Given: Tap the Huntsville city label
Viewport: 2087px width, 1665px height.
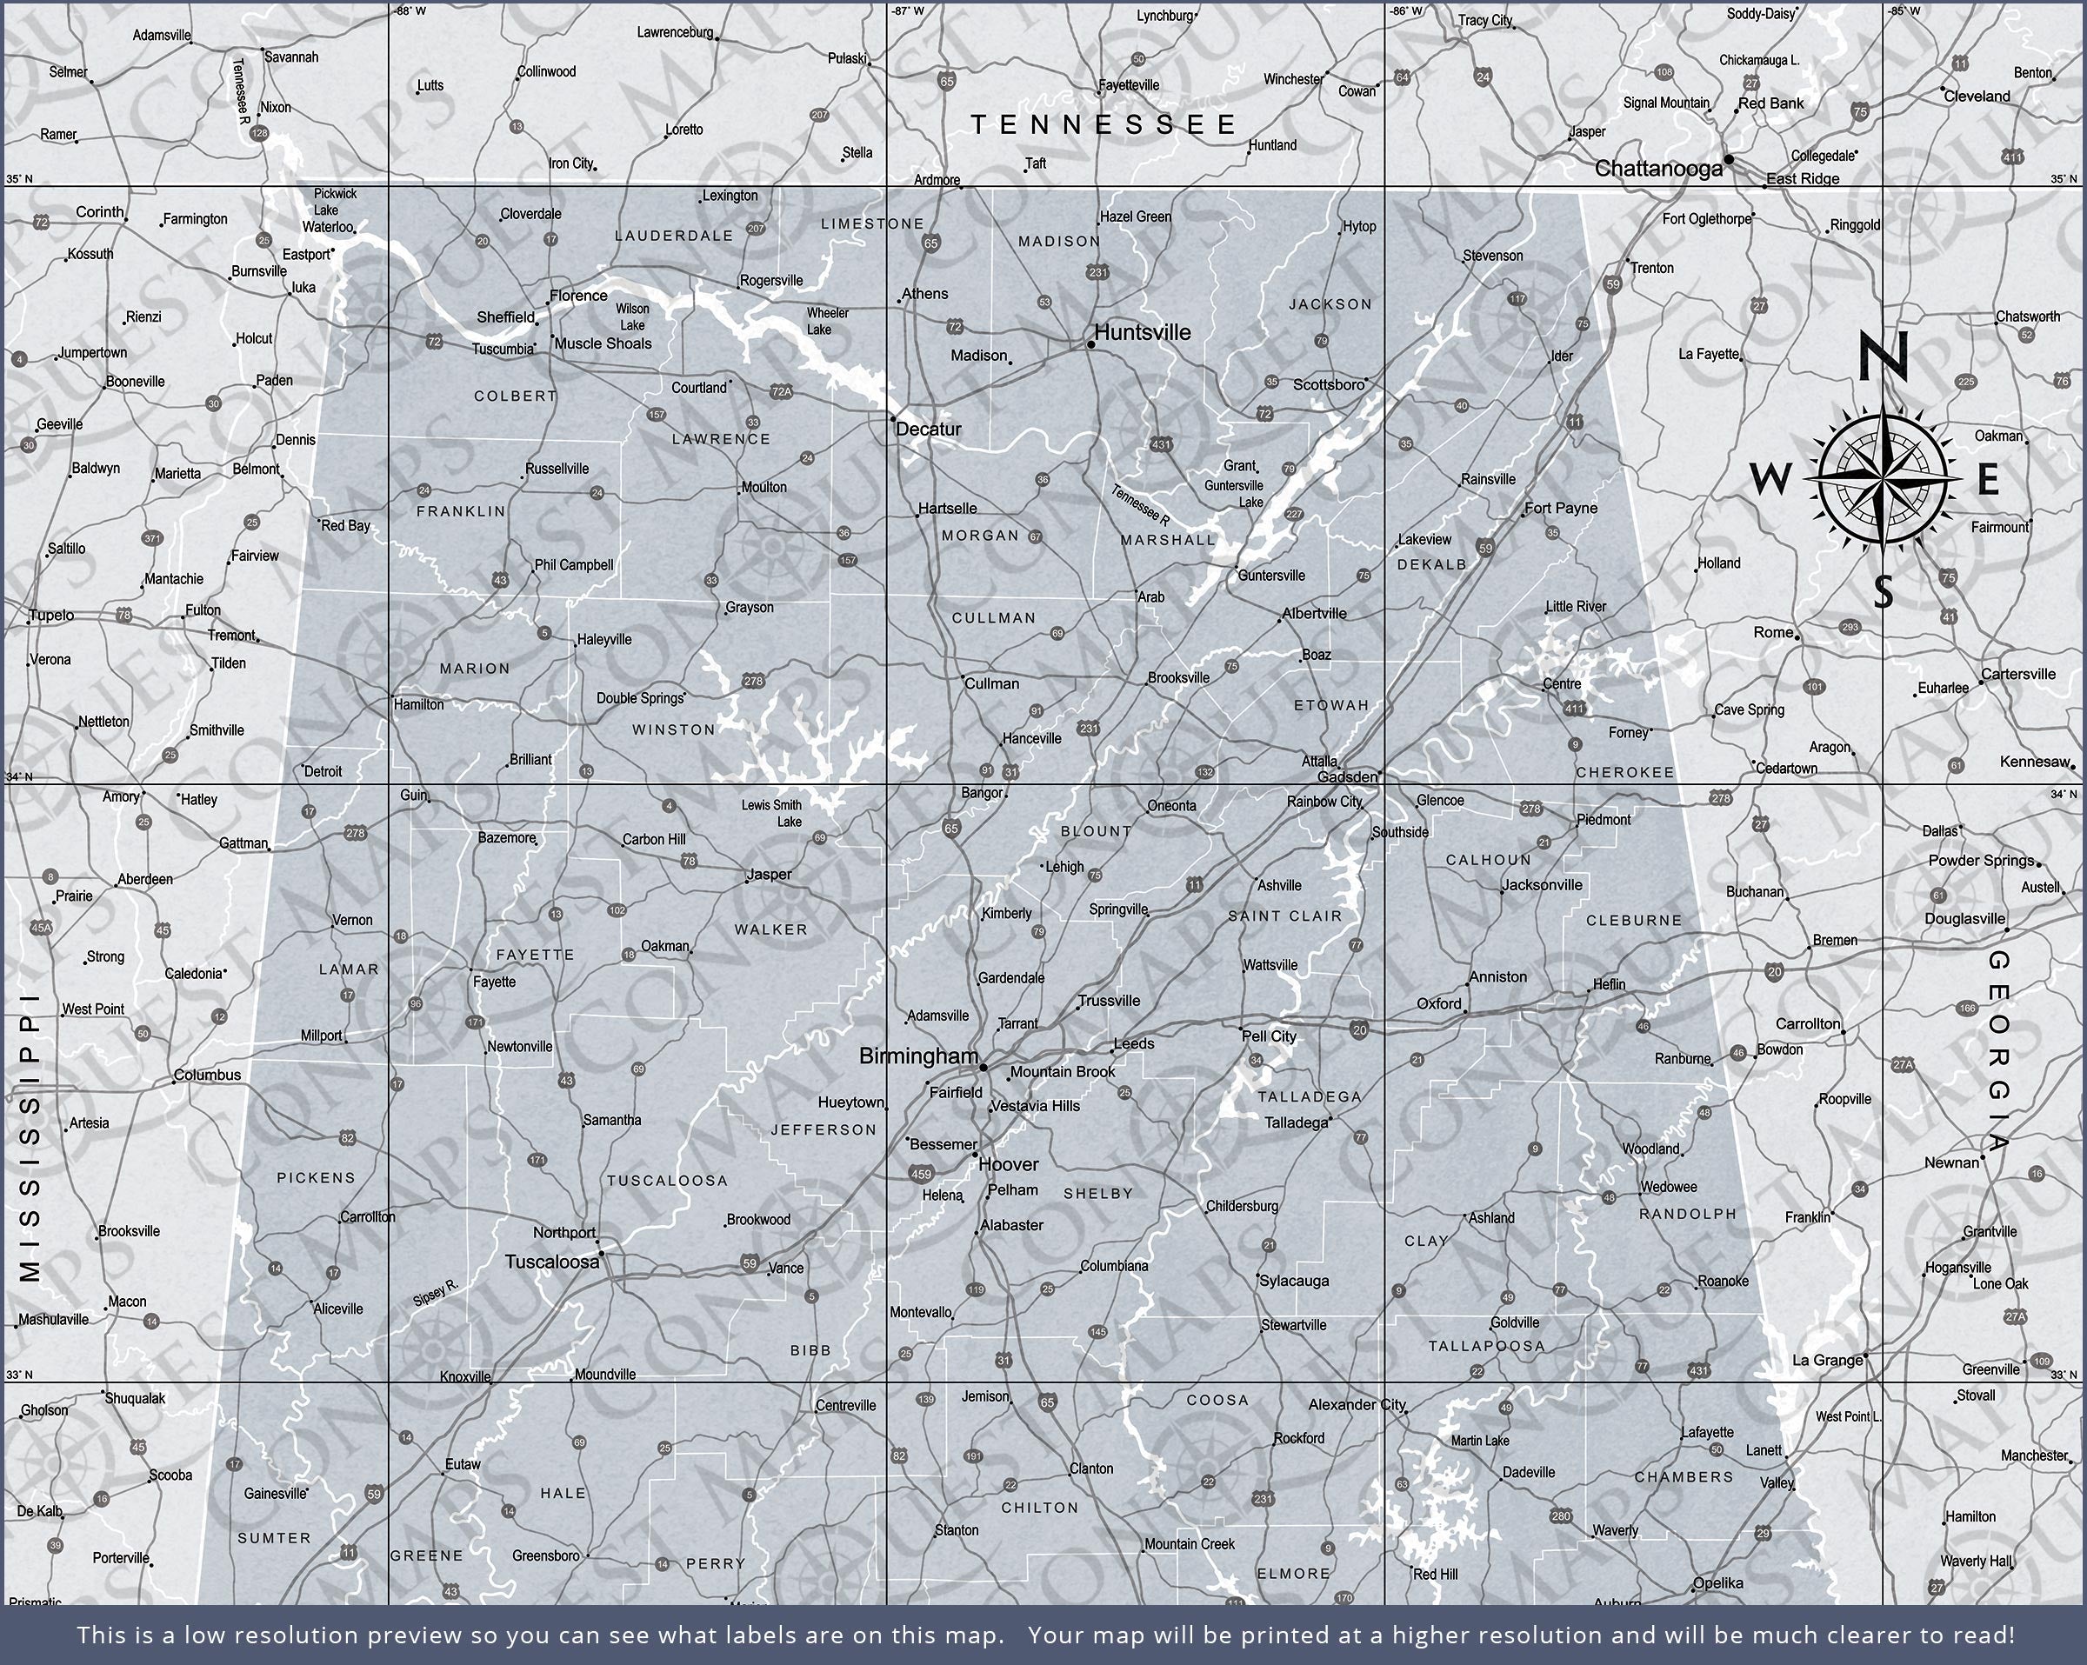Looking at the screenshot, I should click(x=1143, y=332).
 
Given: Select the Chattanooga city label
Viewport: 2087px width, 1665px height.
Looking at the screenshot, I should click(x=1658, y=169).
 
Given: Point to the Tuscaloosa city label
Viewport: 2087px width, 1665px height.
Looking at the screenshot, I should click(x=552, y=1262).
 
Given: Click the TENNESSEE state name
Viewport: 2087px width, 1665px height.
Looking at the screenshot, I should click(x=1104, y=124).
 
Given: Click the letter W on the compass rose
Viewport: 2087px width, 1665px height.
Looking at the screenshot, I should click(x=1771, y=478).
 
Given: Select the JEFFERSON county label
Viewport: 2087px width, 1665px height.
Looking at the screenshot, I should click(x=823, y=1129).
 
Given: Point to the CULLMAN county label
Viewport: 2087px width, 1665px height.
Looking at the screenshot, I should click(x=993, y=617).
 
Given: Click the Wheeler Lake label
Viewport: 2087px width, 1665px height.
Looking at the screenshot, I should click(x=827, y=321).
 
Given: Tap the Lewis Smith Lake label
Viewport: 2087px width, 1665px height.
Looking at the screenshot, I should click(x=772, y=813).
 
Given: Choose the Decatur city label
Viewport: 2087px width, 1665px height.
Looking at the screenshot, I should click(x=929, y=429).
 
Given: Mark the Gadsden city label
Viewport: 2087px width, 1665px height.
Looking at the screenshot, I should click(x=1348, y=776).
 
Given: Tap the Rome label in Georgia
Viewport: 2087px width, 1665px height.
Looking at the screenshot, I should click(x=1773, y=632).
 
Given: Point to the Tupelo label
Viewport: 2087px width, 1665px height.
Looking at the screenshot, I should click(x=51, y=616).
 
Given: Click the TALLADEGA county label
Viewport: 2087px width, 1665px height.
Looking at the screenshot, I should click(x=1309, y=1096).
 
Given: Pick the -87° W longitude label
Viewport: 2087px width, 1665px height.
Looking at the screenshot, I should click(x=907, y=10).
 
